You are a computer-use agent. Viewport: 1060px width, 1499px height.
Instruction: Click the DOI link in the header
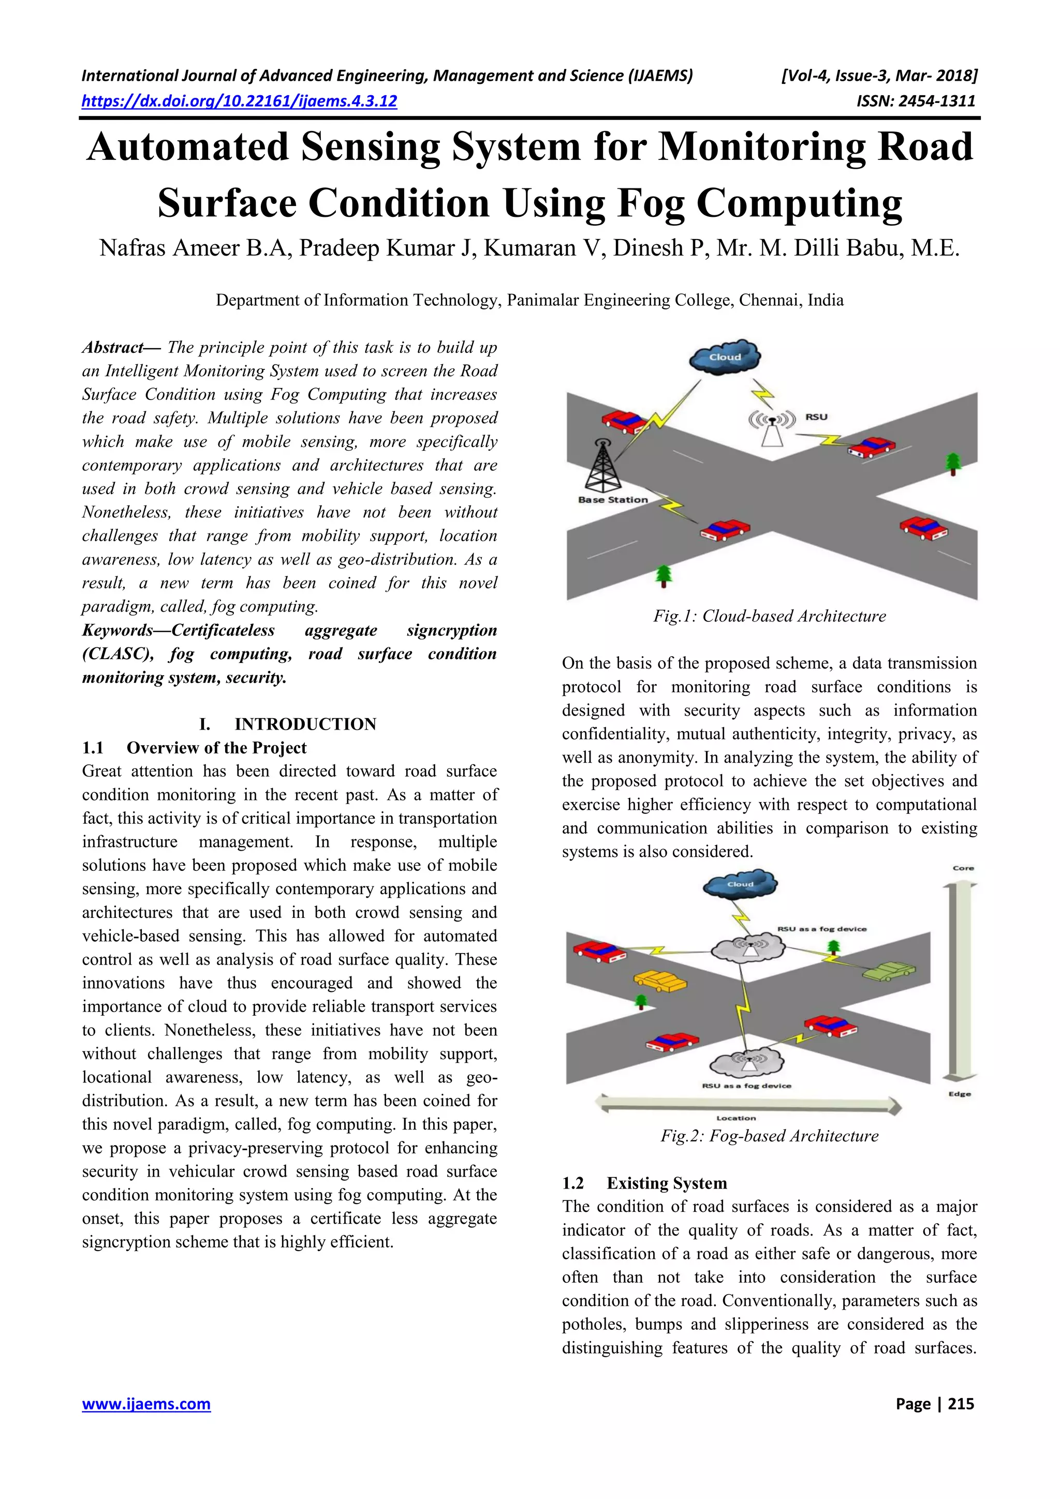tap(239, 101)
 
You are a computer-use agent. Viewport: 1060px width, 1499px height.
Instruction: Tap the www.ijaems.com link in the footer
tap(146, 1404)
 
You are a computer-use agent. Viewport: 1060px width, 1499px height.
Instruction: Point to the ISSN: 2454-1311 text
tap(916, 101)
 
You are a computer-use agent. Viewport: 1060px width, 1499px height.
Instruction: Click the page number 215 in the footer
tap(961, 1404)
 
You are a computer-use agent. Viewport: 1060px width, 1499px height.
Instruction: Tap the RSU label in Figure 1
tap(816, 417)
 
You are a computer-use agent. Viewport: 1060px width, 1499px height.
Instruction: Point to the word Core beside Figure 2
tap(963, 868)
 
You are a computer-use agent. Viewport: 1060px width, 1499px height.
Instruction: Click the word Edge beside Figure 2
tap(960, 1093)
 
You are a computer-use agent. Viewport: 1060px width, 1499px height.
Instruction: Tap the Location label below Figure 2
tap(736, 1118)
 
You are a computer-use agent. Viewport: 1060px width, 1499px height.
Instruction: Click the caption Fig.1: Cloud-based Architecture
tap(769, 616)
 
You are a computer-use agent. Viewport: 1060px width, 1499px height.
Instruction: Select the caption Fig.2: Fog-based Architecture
tap(769, 1135)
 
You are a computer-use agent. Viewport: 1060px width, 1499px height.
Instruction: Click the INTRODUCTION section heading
tap(305, 724)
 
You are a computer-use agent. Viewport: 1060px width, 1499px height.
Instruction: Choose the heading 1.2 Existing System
tap(644, 1183)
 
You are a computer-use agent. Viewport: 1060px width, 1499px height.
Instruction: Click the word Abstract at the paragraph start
tap(113, 347)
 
